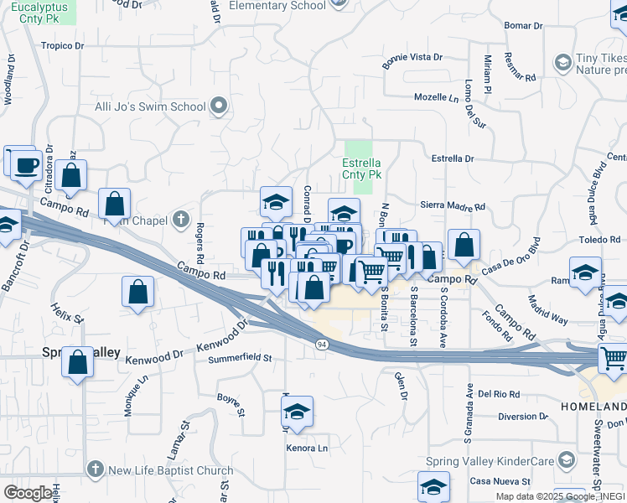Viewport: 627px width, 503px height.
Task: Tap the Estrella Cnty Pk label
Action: click(362, 169)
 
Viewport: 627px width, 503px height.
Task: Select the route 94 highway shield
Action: click(321, 345)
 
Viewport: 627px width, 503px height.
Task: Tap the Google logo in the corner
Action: click(27, 493)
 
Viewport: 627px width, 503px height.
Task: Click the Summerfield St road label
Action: click(241, 358)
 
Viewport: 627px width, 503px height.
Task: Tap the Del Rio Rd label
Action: click(500, 393)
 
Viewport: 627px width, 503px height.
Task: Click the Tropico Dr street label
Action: click(64, 46)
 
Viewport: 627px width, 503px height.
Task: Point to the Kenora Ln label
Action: click(307, 449)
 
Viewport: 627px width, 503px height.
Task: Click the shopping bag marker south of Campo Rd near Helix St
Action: click(138, 293)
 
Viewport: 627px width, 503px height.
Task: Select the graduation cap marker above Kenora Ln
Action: click(297, 412)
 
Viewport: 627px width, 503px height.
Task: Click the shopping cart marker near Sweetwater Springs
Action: click(614, 359)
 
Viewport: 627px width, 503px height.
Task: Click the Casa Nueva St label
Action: click(500, 481)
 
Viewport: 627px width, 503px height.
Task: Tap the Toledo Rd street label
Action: click(598, 240)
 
